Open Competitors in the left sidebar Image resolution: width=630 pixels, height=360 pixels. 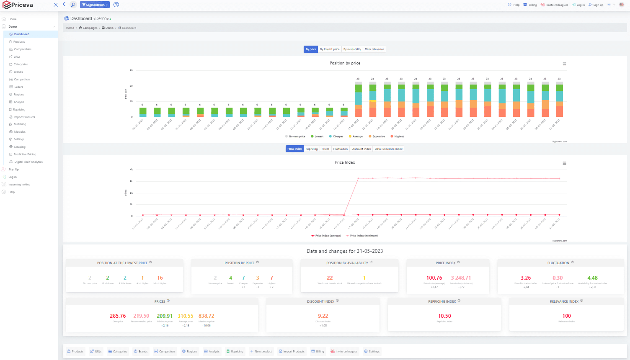tap(22, 80)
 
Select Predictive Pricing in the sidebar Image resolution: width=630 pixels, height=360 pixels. tap(25, 154)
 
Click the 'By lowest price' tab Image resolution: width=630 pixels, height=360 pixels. tap(330, 49)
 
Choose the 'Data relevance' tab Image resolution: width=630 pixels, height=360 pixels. tap(374, 49)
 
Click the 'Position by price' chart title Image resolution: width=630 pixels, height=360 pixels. tap(345, 63)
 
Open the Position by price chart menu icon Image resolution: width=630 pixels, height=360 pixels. tap(564, 64)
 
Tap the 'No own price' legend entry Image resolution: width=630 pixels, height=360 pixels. tap(297, 136)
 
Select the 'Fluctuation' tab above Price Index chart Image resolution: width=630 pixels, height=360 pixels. tap(340, 149)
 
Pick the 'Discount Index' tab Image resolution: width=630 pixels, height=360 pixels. tap(361, 149)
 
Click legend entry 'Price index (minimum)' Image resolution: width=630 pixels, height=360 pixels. tap(364, 236)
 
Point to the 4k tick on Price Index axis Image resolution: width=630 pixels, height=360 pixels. tap(131, 170)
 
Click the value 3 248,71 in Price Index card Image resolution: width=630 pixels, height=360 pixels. tap(461, 278)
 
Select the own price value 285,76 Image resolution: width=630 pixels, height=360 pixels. tap(118, 316)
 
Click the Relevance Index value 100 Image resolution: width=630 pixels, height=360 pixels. tap(566, 316)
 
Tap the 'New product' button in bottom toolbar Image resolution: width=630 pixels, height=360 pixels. tap(261, 352)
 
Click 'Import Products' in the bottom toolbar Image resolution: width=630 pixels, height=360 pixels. tap(292, 352)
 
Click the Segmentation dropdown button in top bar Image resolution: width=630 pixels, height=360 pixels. tap(95, 5)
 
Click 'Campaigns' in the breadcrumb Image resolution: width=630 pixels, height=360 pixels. tap(90, 28)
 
